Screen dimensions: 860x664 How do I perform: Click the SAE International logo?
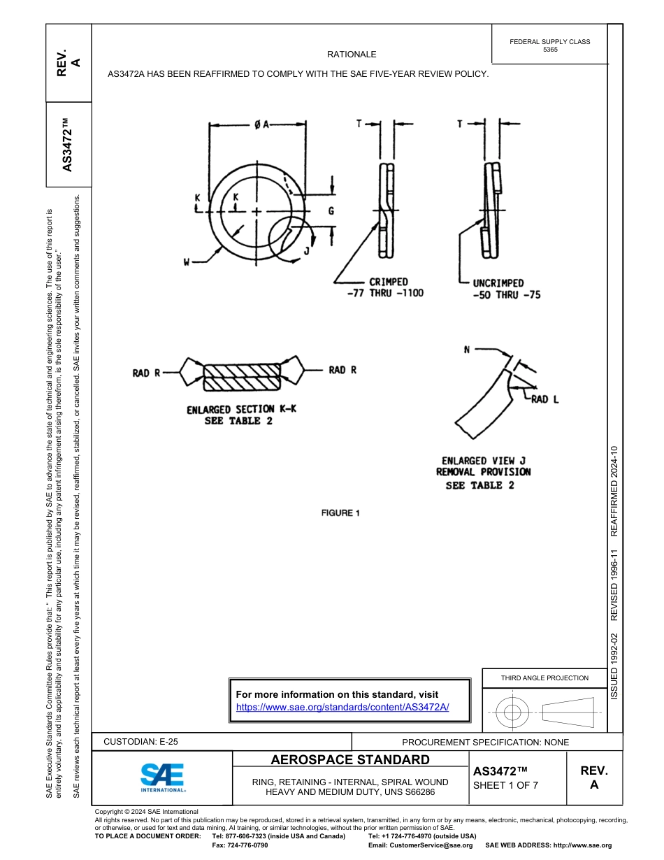coord(162,777)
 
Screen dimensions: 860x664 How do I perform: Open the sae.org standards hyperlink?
coord(342,707)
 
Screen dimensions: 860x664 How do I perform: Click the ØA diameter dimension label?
coord(261,124)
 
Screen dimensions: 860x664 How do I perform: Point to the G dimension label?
coord(331,210)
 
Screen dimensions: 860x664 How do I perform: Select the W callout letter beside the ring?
coord(187,262)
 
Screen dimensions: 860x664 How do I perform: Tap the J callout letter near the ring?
coord(306,251)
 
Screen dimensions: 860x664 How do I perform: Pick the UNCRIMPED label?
coord(498,283)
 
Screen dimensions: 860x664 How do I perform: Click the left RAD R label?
coord(146,373)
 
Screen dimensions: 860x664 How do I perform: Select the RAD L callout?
coord(544,399)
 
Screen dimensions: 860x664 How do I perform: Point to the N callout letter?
coord(466,349)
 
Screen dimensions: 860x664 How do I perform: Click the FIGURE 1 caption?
coord(340,513)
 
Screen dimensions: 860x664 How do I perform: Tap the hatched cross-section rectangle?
coord(242,376)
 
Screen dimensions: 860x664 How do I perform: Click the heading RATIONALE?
coord(352,55)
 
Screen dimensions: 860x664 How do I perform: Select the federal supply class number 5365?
coord(550,50)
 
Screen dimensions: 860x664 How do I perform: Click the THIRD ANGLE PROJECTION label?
coord(544,678)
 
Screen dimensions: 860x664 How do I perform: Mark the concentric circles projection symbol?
coord(512,713)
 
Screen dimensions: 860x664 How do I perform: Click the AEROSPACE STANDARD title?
coord(350,760)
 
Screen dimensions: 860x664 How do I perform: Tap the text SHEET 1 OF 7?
coord(505,784)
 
